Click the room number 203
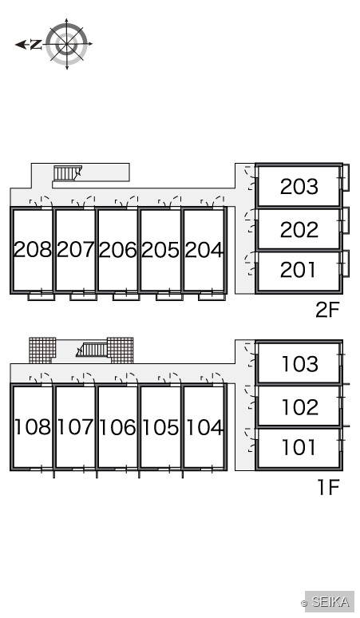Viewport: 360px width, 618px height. point(299,186)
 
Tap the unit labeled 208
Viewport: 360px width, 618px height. point(32,249)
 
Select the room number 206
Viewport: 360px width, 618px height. point(118,250)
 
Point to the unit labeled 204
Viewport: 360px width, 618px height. point(204,250)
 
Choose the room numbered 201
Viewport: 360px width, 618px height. point(298,270)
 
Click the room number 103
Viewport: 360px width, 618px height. point(300,364)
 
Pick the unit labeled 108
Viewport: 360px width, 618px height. point(32,427)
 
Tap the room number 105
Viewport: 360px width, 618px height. point(160,427)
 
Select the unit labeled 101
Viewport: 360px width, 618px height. point(299,447)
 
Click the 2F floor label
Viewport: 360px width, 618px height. point(327,310)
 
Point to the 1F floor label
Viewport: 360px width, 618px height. point(328,488)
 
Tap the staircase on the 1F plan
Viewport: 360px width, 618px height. point(92,350)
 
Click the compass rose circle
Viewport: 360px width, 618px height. point(66,44)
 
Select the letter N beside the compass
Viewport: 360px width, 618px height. point(36,45)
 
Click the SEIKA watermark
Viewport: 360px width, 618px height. point(330,602)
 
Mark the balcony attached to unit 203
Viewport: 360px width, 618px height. point(346,178)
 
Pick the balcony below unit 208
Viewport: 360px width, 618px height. point(41,296)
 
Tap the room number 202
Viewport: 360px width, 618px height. point(299,230)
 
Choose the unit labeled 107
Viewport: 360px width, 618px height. point(75,427)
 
